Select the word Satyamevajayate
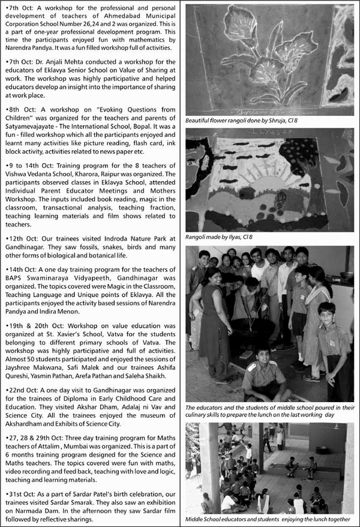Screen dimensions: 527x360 [x=32, y=127]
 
